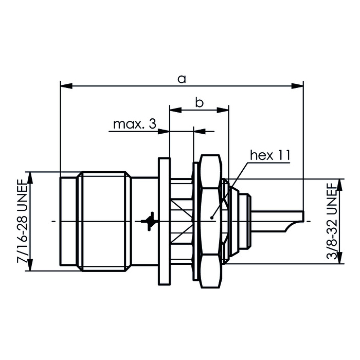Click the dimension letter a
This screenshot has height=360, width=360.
click(x=181, y=78)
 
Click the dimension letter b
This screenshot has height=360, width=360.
click(x=200, y=103)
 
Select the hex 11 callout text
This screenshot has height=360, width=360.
click(x=270, y=155)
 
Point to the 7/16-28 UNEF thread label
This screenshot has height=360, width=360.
click(x=22, y=221)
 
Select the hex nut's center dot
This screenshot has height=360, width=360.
click(x=212, y=218)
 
